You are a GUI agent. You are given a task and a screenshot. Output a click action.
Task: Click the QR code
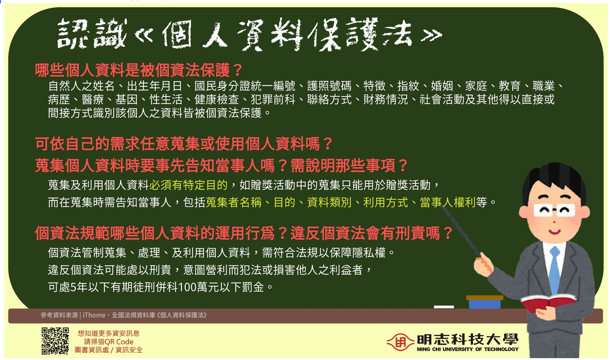click(55, 341)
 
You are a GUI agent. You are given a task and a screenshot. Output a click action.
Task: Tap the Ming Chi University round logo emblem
click(400, 343)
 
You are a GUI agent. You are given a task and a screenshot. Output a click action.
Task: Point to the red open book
click(548, 303)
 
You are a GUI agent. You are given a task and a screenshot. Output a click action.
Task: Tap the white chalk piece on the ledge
click(443, 307)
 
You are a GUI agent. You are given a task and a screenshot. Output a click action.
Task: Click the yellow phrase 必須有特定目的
click(188, 186)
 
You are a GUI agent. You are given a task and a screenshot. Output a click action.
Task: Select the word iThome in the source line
click(94, 315)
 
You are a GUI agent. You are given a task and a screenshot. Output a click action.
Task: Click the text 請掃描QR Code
click(109, 341)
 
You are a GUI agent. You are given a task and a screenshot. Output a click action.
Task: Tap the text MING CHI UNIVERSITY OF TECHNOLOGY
click(467, 349)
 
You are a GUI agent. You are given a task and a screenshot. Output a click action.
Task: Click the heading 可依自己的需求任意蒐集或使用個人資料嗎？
click(184, 144)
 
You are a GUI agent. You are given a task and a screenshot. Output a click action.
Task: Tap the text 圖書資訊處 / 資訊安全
click(109, 350)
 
